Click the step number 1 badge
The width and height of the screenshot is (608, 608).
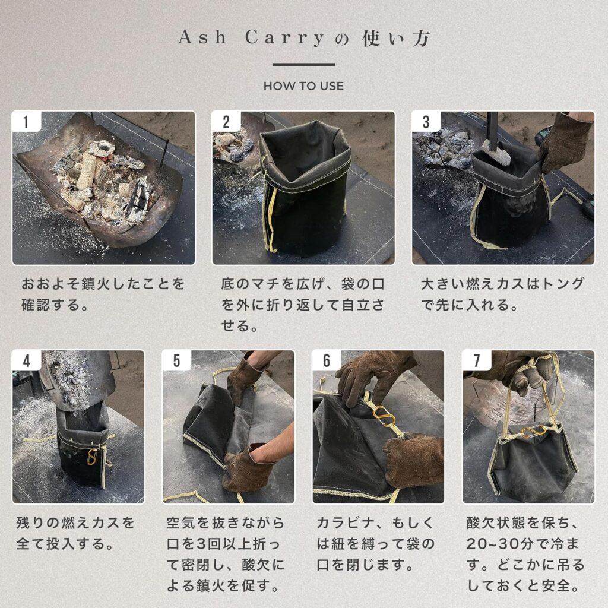tap(26, 121)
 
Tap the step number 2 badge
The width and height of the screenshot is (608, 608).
tap(226, 121)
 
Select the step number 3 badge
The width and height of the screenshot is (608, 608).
tap(426, 121)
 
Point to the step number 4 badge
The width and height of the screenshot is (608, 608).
tap(26, 360)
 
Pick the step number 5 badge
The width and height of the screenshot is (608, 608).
tap(176, 360)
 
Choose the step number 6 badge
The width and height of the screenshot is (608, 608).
tap(327, 360)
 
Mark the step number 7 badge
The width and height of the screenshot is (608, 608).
tap(477, 360)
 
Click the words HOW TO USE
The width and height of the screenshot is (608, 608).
tap(303, 85)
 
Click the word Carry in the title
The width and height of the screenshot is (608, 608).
tap(284, 38)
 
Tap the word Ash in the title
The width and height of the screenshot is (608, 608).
tap(202, 37)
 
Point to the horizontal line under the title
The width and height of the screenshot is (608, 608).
tap(303, 64)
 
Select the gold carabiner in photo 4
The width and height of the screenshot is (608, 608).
tap(92, 457)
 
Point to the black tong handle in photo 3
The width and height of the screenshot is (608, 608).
tap(492, 131)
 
